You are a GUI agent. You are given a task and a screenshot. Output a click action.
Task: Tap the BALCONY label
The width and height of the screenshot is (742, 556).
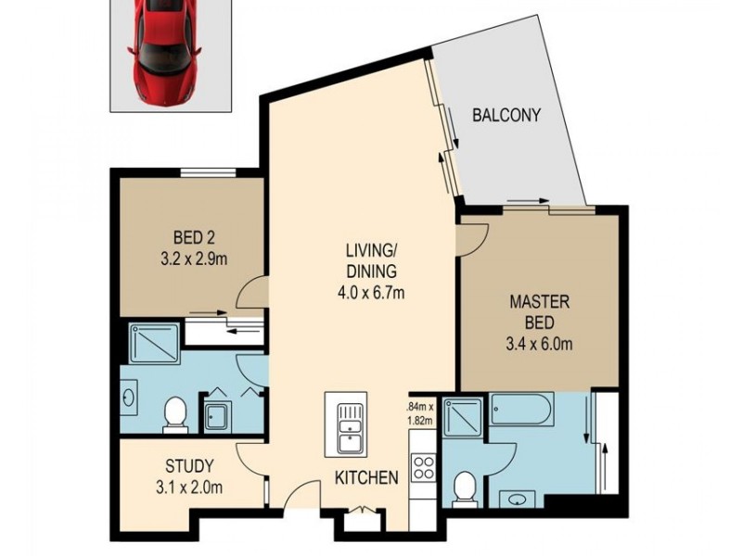click(506, 117)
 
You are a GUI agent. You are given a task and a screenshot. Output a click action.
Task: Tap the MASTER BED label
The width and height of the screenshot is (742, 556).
click(532, 312)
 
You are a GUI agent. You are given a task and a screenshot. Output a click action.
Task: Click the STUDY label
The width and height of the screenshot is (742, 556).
click(191, 465)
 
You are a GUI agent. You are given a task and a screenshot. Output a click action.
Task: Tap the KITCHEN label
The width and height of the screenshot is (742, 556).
click(366, 479)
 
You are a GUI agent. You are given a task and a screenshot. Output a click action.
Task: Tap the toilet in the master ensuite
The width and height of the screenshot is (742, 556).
click(466, 486)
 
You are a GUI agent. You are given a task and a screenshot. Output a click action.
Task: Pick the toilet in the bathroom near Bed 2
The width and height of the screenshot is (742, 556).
click(173, 414)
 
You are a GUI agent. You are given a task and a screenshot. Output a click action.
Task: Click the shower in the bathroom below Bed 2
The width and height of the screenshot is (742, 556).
click(153, 344)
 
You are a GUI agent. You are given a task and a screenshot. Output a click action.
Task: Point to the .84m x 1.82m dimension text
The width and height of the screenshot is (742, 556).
click(420, 411)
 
